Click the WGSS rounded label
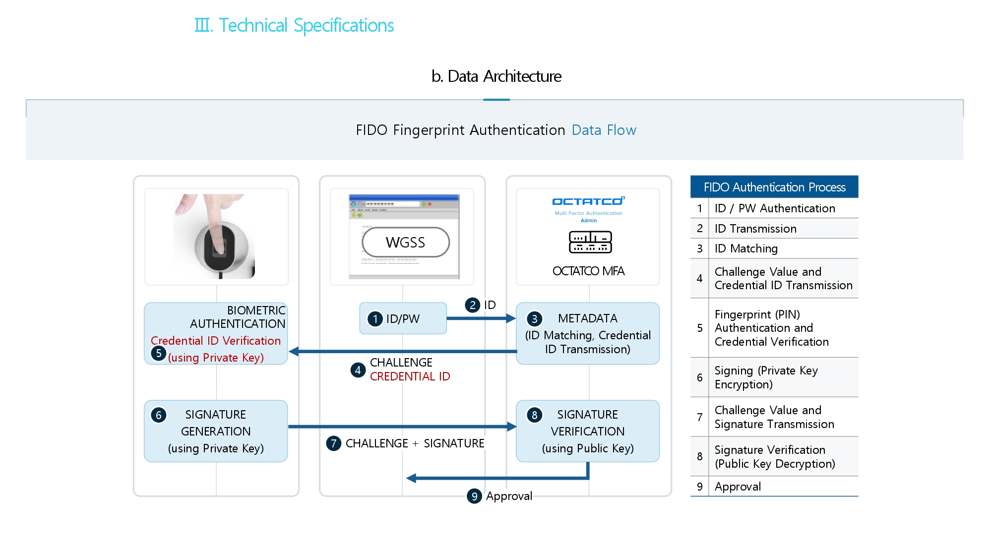click(x=406, y=243)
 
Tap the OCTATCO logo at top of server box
click(x=588, y=201)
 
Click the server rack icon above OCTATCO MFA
click(x=590, y=242)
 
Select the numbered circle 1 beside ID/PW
click(x=375, y=318)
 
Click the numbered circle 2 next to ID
click(x=473, y=305)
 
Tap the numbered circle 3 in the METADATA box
click(x=534, y=318)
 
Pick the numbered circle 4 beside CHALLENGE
click(x=358, y=370)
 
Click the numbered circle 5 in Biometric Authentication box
click(x=158, y=353)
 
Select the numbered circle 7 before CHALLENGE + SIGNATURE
click(x=333, y=443)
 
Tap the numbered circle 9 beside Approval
click(x=474, y=496)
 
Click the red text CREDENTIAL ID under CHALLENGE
click(x=410, y=376)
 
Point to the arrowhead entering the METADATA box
click(x=511, y=318)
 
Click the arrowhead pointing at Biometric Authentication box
click(x=294, y=351)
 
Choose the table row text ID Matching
click(x=746, y=248)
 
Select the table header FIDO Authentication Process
click(x=774, y=187)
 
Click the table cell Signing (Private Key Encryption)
click(x=766, y=377)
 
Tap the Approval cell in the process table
click(x=738, y=487)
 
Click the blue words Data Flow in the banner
click(x=604, y=130)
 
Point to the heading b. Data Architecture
click(x=496, y=76)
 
